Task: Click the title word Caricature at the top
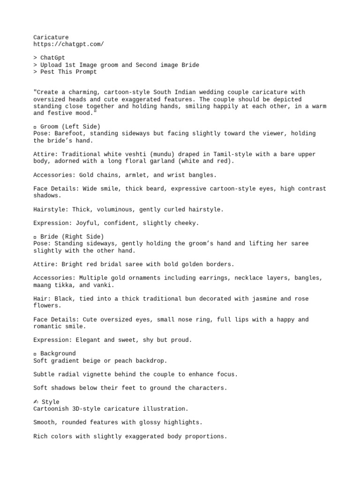click(51, 37)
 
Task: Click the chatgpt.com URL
click(68, 44)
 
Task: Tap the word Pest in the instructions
click(47, 72)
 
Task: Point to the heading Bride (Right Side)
click(72, 237)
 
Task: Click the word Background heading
click(58, 353)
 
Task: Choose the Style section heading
click(50, 402)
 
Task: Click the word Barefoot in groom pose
click(70, 134)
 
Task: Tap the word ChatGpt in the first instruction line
click(52, 58)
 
